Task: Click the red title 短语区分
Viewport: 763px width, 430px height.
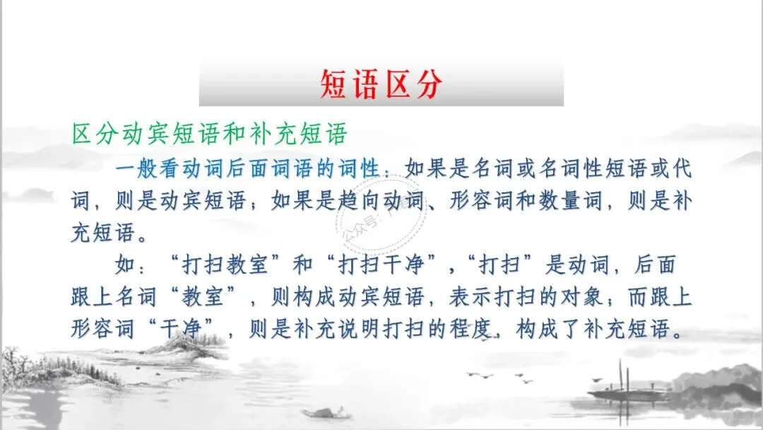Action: coord(381,84)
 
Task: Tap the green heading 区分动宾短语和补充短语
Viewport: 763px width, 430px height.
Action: coord(209,134)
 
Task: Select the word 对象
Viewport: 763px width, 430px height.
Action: coord(561,298)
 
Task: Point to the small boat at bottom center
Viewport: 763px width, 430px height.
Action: coord(322,412)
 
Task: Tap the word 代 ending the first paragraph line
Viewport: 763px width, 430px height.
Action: coord(682,171)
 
